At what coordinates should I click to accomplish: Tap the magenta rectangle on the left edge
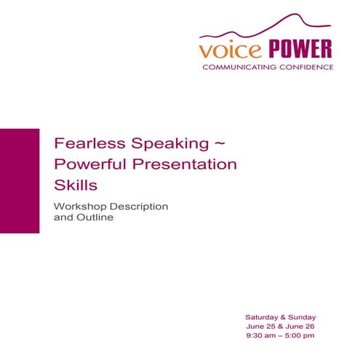tap(20, 180)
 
